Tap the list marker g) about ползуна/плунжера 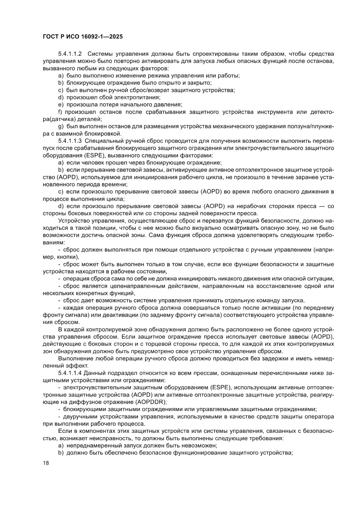tap(61, 126)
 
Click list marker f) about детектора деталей tap(60, 112)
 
